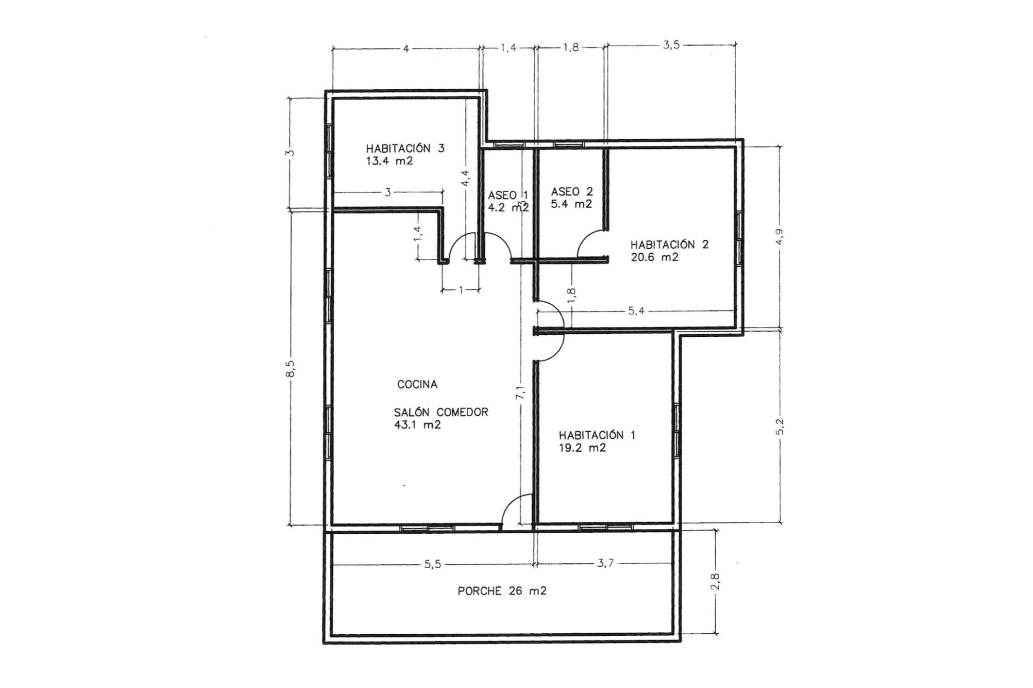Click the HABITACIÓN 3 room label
click(x=405, y=148)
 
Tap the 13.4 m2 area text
click(x=390, y=161)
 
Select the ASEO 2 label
click(x=572, y=191)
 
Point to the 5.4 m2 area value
click(x=572, y=204)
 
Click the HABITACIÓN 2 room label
click(x=669, y=245)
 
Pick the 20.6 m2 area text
click(x=654, y=257)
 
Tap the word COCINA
click(x=417, y=384)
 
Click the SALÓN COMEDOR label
click(x=441, y=412)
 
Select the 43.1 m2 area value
click(x=418, y=425)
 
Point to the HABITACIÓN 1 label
click(x=597, y=435)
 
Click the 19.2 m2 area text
click(x=583, y=448)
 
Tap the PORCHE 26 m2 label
click(x=502, y=591)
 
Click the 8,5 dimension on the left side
click(x=291, y=368)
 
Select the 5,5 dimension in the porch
click(x=433, y=564)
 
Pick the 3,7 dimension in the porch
click(x=605, y=564)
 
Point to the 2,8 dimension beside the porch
click(x=715, y=581)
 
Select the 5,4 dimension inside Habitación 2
click(x=636, y=311)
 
